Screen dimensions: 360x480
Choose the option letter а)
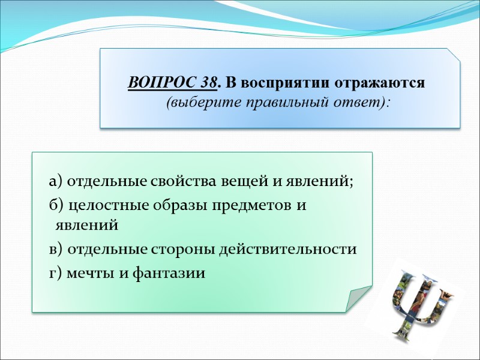[x=56, y=181]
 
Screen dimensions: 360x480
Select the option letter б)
[x=56, y=205]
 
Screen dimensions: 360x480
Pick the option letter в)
[x=55, y=248]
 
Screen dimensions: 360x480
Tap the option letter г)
[x=55, y=274]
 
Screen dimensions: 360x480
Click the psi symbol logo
[x=418, y=303]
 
